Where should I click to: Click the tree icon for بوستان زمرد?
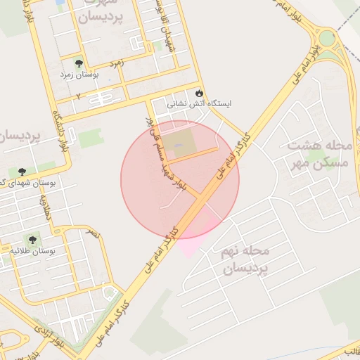point(78,63)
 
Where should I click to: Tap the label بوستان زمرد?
point(99,73)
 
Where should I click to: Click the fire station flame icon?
point(199,92)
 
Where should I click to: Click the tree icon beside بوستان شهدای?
point(22,172)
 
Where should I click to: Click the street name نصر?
point(94,233)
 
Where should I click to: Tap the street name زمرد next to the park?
point(117,63)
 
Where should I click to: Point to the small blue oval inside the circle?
point(177,146)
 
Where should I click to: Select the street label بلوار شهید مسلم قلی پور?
point(165,151)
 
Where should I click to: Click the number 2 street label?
point(79,94)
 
